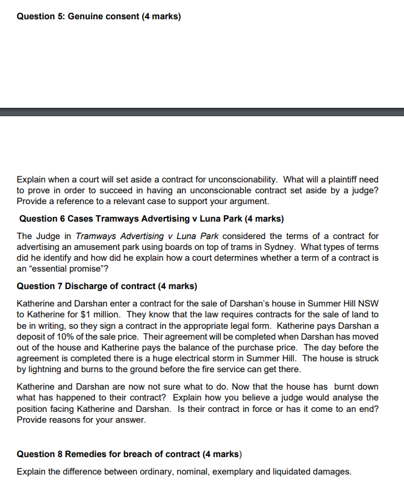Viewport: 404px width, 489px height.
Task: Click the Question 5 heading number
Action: tap(59, 16)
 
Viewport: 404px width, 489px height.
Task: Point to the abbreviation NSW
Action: tap(368, 304)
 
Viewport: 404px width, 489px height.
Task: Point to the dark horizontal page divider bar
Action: tap(202, 111)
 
